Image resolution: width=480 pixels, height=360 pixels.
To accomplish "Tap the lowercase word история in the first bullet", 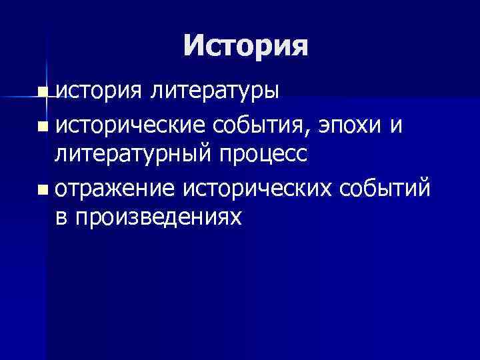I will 97,91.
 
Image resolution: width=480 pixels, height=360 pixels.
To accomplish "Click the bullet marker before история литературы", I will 43,92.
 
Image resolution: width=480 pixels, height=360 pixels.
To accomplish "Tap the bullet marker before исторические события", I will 43,125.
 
